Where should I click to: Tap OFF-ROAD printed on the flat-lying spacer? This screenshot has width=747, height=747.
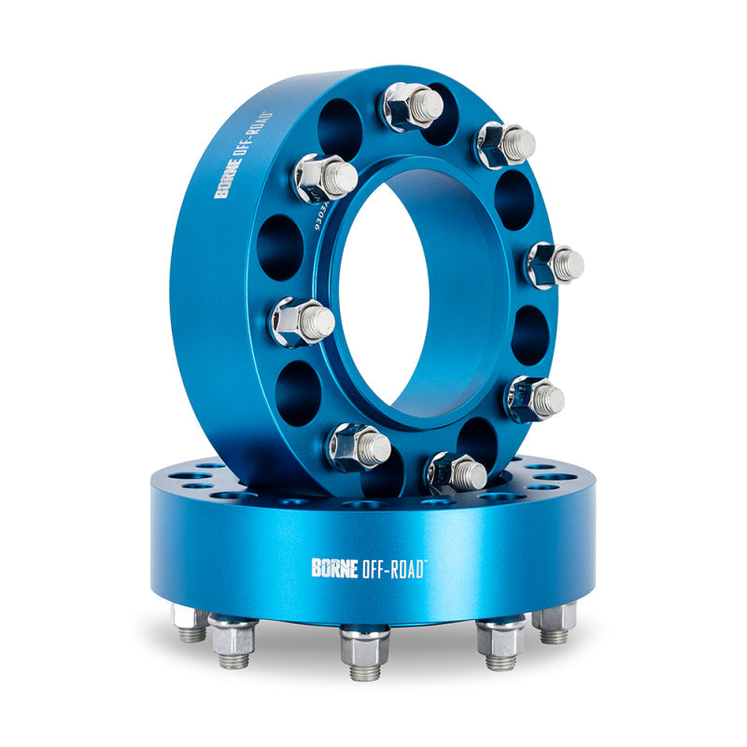[391, 567]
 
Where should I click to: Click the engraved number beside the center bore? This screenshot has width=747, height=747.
[319, 214]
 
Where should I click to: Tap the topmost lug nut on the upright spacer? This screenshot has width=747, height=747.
[412, 105]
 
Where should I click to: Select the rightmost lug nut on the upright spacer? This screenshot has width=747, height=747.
[555, 265]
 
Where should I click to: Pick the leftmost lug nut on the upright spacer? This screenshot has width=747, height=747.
[301, 321]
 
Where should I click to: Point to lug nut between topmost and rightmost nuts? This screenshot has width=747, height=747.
[505, 145]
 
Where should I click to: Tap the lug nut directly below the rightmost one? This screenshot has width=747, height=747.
[535, 399]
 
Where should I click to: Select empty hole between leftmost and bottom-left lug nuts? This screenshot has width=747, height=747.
[297, 393]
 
